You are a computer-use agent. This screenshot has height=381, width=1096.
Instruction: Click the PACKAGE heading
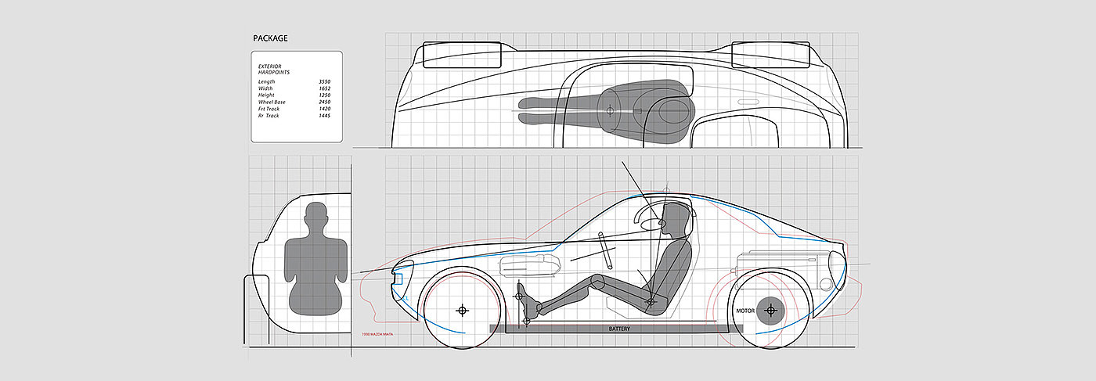[269, 38]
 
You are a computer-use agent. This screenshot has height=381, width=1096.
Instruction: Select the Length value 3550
[325, 81]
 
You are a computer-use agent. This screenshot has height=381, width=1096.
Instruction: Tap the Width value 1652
[325, 88]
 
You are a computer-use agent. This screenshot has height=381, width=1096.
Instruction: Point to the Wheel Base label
[272, 102]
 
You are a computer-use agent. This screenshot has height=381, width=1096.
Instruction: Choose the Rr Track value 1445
[325, 116]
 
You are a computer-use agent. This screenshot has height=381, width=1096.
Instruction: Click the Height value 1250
[325, 95]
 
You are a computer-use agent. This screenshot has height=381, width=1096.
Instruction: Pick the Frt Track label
[270, 109]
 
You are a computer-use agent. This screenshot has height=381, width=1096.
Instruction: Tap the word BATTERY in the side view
[619, 329]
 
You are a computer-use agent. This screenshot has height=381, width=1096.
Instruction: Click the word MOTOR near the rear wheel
[745, 311]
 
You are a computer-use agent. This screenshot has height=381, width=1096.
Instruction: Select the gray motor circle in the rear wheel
[771, 311]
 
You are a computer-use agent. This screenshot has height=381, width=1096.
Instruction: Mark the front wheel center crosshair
[462, 311]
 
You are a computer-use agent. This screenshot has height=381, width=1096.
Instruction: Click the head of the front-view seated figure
[315, 214]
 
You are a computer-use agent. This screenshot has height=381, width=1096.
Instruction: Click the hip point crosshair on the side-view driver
[650, 300]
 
